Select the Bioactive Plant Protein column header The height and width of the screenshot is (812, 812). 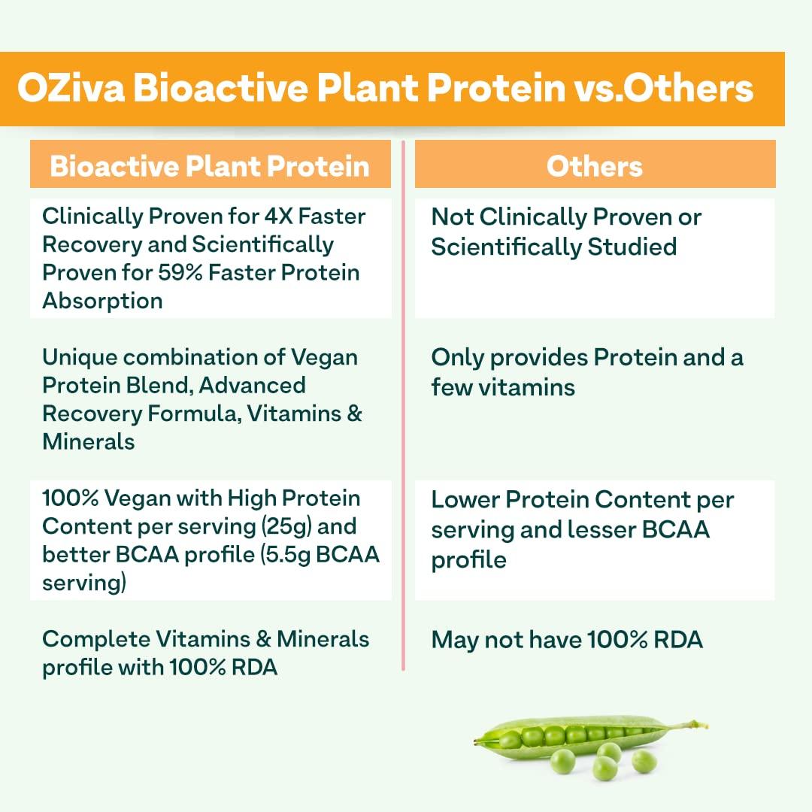pyautogui.click(x=210, y=166)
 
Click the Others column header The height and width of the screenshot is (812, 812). pyautogui.click(x=595, y=166)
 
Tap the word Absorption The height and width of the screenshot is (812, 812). pyautogui.click(x=102, y=301)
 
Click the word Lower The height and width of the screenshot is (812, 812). pyautogui.click(x=465, y=499)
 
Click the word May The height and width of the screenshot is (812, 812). pyautogui.click(x=453, y=640)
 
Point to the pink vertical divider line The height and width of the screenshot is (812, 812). pyautogui.click(x=404, y=406)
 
